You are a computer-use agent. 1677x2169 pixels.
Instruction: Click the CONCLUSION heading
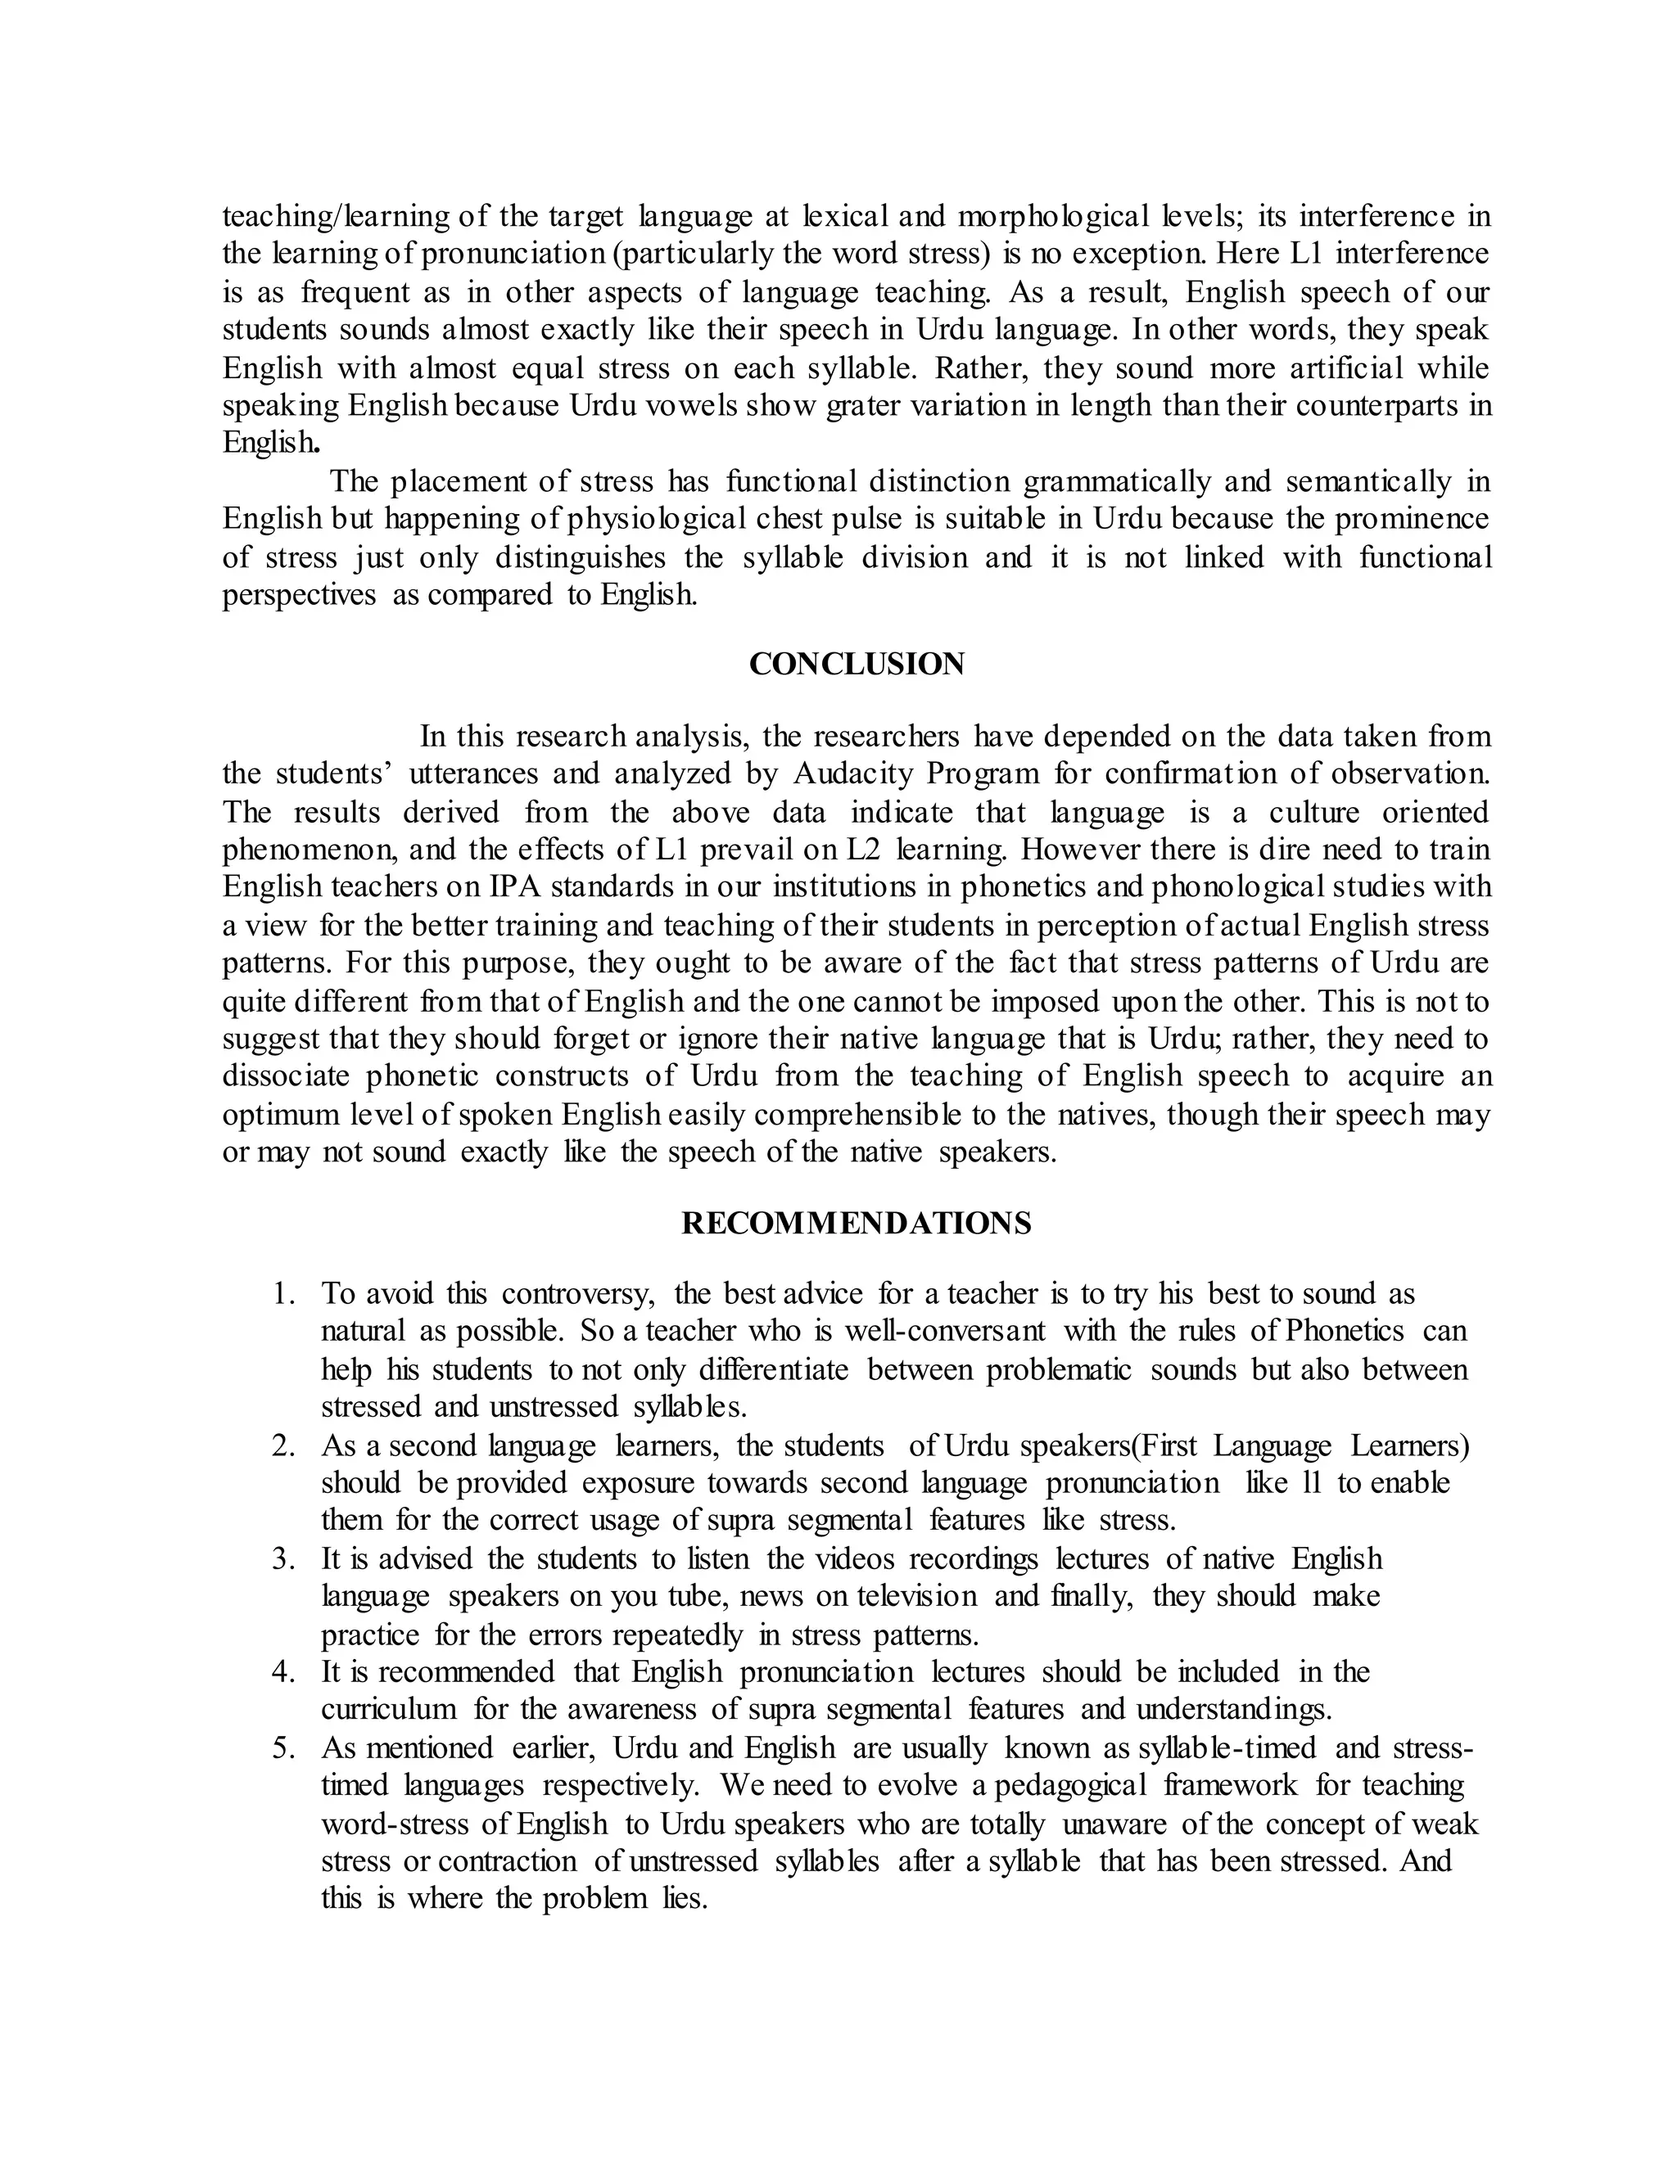point(857,665)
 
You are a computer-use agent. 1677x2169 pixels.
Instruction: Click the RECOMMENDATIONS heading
point(857,1223)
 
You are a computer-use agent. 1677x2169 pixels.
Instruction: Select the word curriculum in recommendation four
point(388,1709)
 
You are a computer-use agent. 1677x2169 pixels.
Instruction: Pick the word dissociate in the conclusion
point(284,1075)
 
